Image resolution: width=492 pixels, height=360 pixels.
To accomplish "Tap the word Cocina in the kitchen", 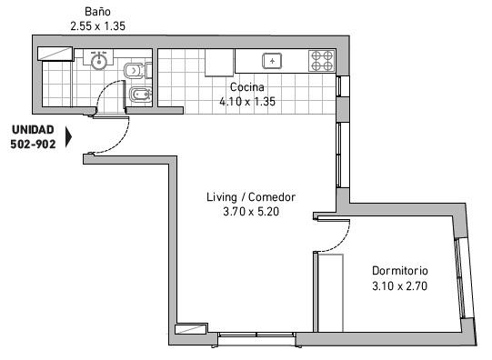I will point(246,87).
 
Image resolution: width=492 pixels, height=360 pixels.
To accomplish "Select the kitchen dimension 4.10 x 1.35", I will point(246,102).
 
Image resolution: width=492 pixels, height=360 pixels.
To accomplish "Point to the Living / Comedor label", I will point(251,197).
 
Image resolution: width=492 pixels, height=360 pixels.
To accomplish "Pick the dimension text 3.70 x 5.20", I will point(251,212).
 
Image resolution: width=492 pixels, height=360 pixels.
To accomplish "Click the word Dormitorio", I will point(399,271).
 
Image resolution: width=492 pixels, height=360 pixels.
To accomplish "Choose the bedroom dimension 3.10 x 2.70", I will point(399,285).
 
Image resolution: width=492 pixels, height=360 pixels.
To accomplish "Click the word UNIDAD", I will point(33,130).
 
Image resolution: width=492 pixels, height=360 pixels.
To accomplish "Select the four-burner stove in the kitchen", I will point(321,61).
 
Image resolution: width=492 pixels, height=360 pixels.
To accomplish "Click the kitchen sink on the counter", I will point(272,61).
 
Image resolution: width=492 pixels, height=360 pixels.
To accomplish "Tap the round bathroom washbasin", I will point(99,62).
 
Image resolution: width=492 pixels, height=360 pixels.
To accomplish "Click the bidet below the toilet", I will point(136,96).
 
